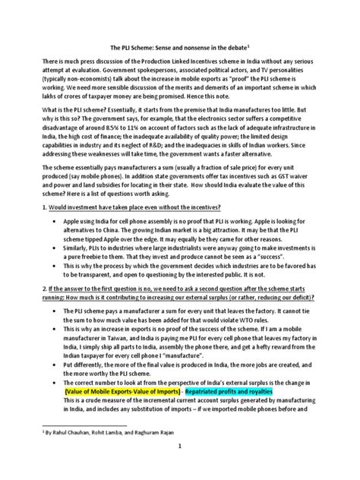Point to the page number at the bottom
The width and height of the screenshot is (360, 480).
click(180, 467)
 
